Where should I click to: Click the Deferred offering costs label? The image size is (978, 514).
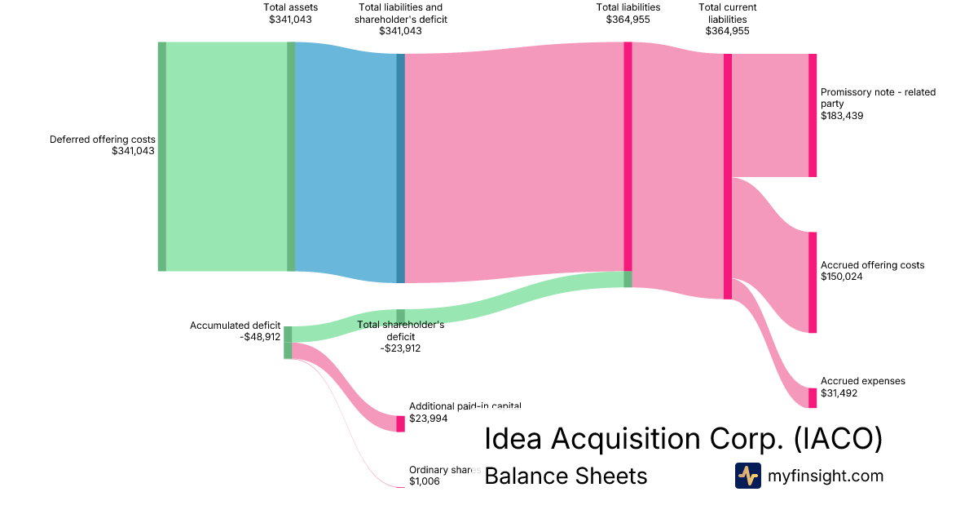click(102, 140)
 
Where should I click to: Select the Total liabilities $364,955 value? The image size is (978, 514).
click(628, 20)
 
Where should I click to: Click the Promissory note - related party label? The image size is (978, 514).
click(878, 98)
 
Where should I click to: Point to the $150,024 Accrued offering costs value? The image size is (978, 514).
click(842, 277)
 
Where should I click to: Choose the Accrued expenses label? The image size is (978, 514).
click(862, 381)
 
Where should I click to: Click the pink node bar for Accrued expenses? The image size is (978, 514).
click(812, 397)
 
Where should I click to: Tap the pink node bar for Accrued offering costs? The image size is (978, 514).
click(812, 282)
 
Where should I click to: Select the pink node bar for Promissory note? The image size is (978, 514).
click(812, 115)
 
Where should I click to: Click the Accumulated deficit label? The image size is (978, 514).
click(235, 326)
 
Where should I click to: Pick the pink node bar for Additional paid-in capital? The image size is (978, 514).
click(400, 423)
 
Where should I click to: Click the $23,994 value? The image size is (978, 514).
click(429, 418)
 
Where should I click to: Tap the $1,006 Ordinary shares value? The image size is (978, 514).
click(425, 481)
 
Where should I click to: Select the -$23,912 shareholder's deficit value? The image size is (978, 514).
click(400, 348)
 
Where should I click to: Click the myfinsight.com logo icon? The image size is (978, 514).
click(747, 475)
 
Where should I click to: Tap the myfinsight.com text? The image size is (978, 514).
click(826, 476)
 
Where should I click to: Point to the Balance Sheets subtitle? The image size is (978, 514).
click(566, 476)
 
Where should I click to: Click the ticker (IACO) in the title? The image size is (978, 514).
click(838, 439)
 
